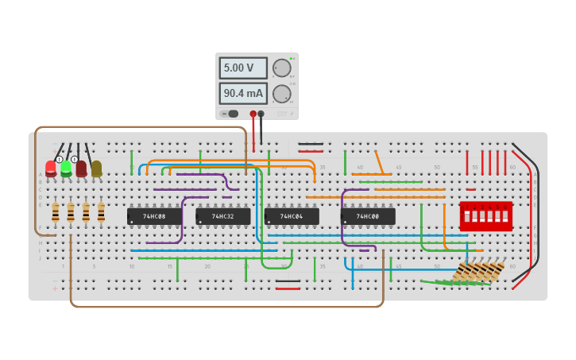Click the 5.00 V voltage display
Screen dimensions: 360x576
[x=242, y=68]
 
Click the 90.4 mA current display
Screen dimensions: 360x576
[x=242, y=94]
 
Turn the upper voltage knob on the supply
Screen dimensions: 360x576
[x=281, y=68]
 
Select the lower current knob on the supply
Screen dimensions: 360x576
[x=281, y=94]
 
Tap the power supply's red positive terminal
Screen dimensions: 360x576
[x=253, y=114]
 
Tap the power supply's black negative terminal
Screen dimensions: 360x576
[x=261, y=114]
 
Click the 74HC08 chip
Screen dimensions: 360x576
[x=154, y=216]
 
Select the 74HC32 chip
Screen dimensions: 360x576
[x=223, y=216]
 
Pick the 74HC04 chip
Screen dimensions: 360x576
[x=292, y=216]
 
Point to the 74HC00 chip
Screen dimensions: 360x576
[x=368, y=216]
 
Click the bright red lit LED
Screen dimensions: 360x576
[x=51, y=168]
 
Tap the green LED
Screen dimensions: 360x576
[x=66, y=168]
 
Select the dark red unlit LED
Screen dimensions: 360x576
[x=81, y=168]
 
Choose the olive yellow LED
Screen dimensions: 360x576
[x=96, y=168]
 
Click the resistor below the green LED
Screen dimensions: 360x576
[x=71, y=212]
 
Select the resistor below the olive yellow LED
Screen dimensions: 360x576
[x=101, y=212]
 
